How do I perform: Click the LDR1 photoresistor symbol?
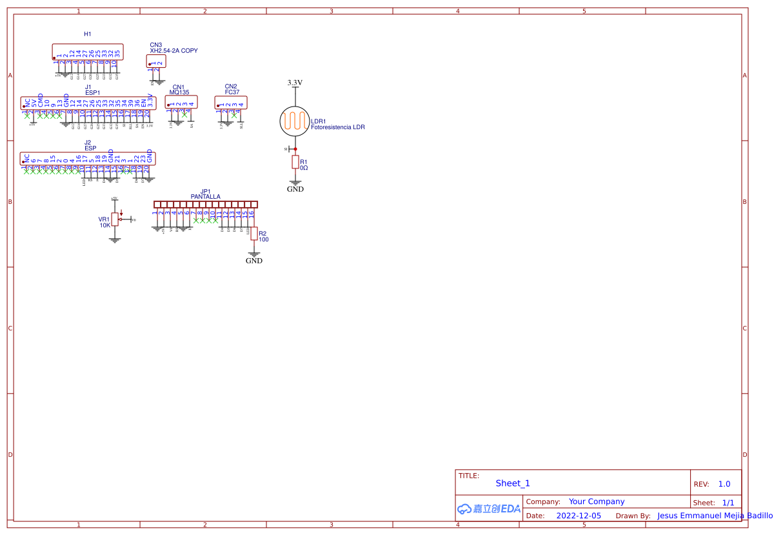295,121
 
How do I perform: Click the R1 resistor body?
295,162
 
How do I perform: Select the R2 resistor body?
254,233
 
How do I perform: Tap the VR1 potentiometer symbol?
115,219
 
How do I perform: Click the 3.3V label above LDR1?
295,83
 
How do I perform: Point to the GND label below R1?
295,189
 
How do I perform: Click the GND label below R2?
254,261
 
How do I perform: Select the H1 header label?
88,34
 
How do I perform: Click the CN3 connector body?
156,61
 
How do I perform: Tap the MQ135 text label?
179,92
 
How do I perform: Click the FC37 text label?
232,92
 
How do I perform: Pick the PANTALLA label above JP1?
205,196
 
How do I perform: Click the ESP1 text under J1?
92,92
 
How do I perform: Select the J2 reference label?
88,143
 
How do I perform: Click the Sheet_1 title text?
513,483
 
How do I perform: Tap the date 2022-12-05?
578,516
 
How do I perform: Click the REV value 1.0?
724,484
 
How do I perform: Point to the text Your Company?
597,501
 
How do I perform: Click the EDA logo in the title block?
489,509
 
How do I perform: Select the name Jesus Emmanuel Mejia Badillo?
715,516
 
